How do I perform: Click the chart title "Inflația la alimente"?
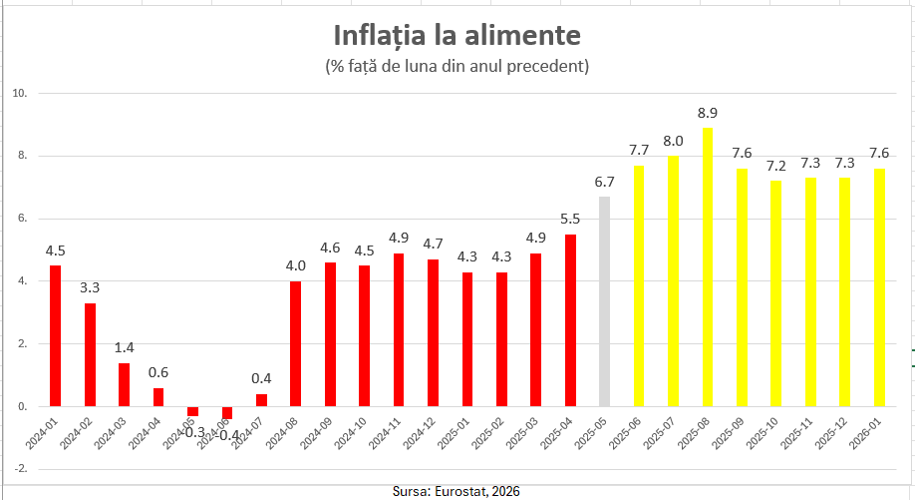457,36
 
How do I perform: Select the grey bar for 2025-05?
604,301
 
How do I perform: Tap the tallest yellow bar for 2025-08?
708,266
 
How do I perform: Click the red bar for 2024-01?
55,335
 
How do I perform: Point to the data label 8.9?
707,113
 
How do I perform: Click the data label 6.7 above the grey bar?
604,182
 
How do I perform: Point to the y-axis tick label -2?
19,469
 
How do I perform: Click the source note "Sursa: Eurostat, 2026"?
457,491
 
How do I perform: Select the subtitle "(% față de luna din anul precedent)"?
457,67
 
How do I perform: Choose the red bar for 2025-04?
570,320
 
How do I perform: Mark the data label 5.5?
570,220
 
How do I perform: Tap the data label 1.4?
124,347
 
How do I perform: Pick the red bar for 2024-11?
399,329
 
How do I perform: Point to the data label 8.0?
673,141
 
